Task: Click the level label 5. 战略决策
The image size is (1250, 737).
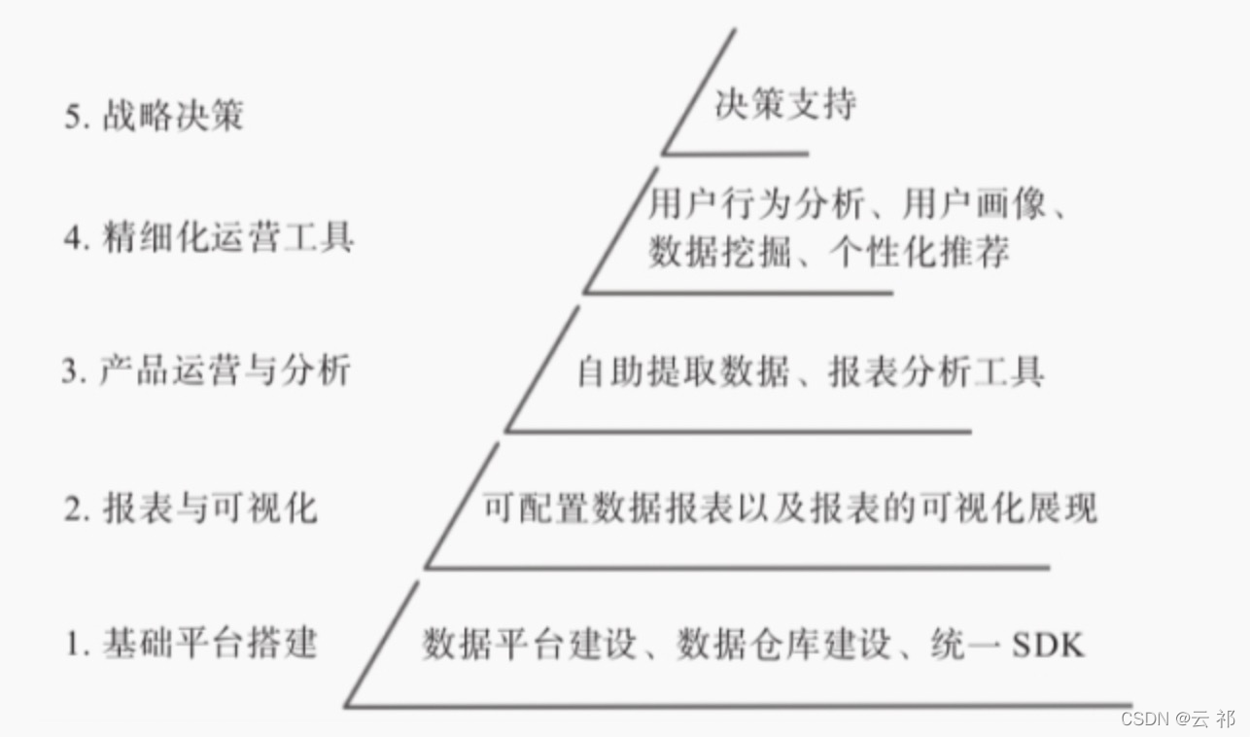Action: pyautogui.click(x=154, y=117)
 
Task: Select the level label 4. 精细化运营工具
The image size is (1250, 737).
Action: pyautogui.click(x=209, y=237)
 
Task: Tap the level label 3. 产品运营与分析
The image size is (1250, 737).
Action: pyautogui.click(x=205, y=371)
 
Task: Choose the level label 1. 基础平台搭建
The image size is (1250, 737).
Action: pyautogui.click(x=191, y=643)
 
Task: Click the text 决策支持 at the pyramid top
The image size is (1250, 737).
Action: pyautogui.click(x=785, y=104)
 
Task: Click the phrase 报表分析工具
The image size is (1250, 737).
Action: pyautogui.click(x=936, y=372)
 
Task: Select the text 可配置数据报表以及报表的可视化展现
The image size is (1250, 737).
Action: pyautogui.click(x=789, y=508)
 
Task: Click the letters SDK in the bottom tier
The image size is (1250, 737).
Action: pyautogui.click(x=1048, y=645)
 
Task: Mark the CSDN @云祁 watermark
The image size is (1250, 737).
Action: pyautogui.click(x=1177, y=719)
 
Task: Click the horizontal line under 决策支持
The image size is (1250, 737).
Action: pyautogui.click(x=736, y=154)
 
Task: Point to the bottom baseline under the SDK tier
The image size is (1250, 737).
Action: pyautogui.click(x=739, y=705)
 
